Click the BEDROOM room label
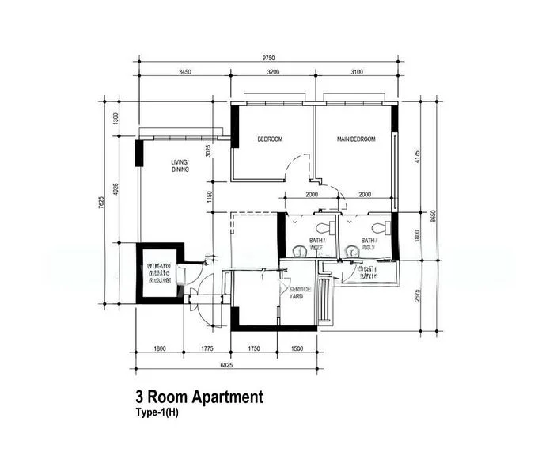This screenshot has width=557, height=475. tap(270, 139)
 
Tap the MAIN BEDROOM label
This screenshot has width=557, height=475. tap(356, 139)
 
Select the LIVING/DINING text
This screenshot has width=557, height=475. tap(180, 165)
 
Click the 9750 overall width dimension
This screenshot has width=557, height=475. tap(268, 58)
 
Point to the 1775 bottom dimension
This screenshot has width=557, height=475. tap(207, 348)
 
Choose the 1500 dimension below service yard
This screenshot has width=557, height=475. tap(297, 348)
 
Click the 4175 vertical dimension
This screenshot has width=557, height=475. tap(415, 156)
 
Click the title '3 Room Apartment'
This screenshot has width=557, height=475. tap(199, 397)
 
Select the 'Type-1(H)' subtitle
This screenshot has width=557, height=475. tap(158, 412)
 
